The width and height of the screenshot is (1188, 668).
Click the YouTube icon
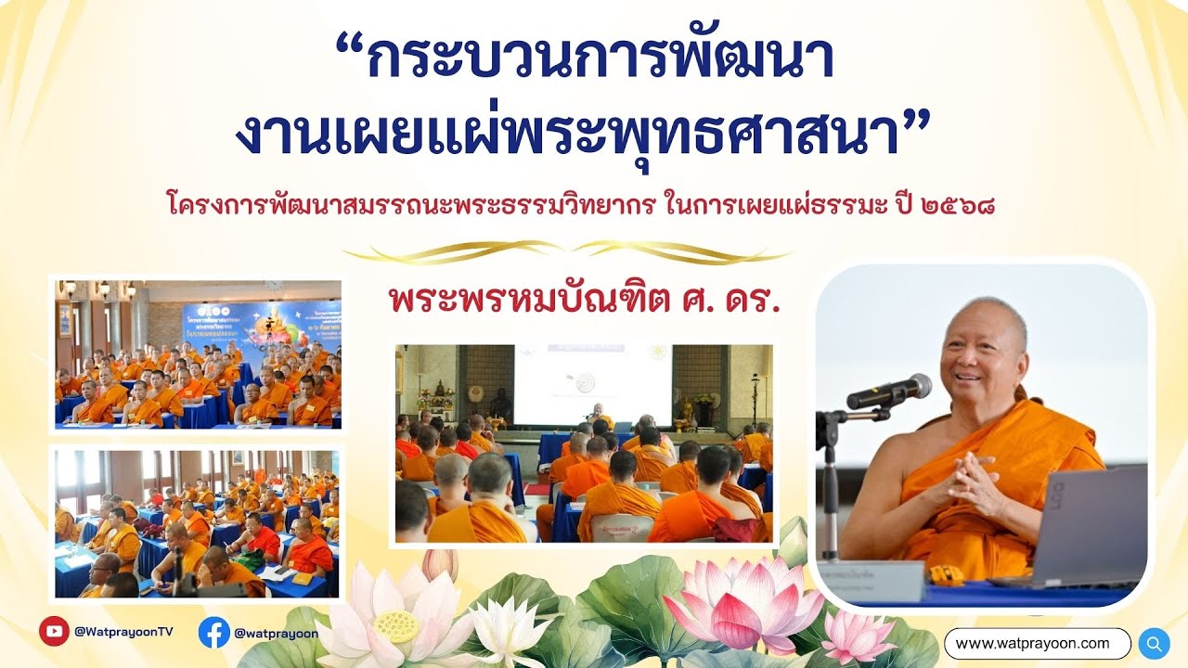[55, 631]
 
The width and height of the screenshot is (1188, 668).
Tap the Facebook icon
[214, 633]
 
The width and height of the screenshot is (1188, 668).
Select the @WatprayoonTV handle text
[123, 632]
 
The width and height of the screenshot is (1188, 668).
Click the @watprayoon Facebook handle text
[276, 634]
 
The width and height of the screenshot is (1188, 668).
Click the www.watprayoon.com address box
[1037, 643]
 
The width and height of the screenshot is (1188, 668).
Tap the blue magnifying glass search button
[1154, 643]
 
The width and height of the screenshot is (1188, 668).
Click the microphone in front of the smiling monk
[890, 391]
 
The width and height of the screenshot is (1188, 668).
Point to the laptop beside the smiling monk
[1086, 529]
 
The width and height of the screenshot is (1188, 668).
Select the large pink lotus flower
[742, 603]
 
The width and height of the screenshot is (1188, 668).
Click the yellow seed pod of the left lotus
[397, 627]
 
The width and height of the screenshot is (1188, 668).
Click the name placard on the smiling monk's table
[872, 581]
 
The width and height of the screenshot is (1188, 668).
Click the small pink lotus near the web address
[859, 636]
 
